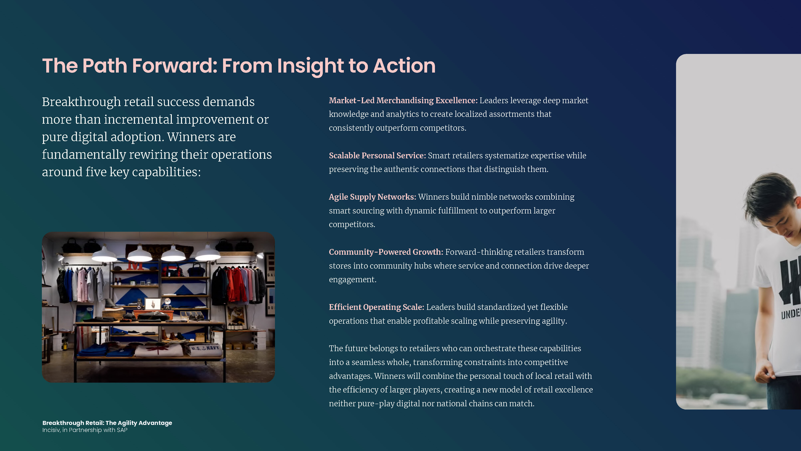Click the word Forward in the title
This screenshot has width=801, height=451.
(174, 66)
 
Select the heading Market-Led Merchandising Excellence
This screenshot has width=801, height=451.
(403, 101)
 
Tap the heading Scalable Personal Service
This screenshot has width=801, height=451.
(377, 156)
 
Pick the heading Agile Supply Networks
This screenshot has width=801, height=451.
(372, 197)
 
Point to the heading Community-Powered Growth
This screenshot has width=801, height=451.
(386, 252)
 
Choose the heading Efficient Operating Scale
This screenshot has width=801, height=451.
(376, 307)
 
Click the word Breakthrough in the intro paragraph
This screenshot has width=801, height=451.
(81, 102)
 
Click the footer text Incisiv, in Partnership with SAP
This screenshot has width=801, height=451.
(85, 430)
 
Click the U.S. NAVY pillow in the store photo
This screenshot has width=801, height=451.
(205, 349)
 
